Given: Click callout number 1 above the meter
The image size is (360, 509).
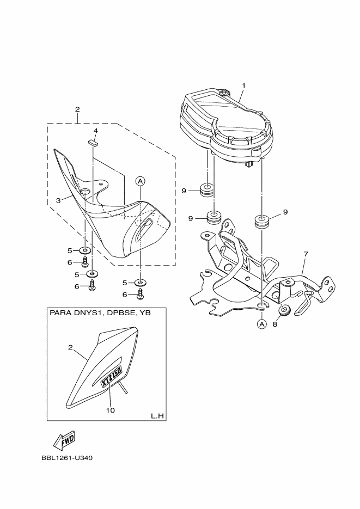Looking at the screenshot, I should [x=244, y=85].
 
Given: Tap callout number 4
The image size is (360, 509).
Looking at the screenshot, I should [x=95, y=131].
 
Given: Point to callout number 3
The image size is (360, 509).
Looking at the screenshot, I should [x=58, y=200].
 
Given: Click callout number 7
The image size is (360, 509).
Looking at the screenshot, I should [x=306, y=254].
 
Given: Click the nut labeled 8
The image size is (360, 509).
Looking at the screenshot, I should [x=284, y=311].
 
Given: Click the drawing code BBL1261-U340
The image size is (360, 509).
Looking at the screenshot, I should [x=67, y=458].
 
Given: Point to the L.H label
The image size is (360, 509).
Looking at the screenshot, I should [x=157, y=416].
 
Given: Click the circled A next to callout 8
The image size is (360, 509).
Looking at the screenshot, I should [x=261, y=324].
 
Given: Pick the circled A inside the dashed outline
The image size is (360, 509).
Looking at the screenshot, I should [x=140, y=181].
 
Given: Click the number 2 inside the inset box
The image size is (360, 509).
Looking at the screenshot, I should [x=70, y=347].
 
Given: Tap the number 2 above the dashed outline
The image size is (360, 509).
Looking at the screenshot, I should [x=77, y=109].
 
